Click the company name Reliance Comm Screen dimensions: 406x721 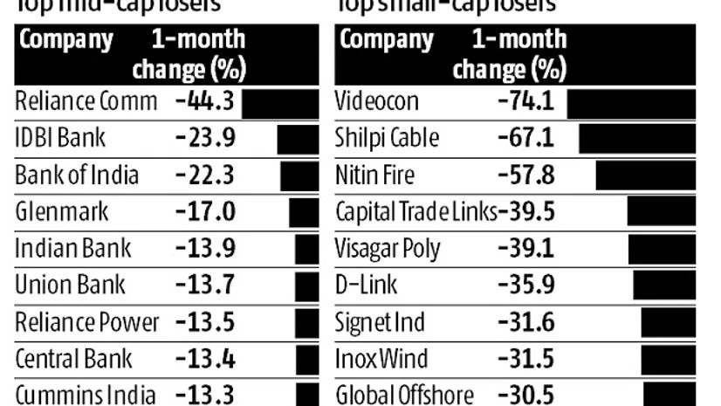pos(86,101)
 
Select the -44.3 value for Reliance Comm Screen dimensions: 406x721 pos(204,101)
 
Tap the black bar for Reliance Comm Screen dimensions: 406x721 pos(280,102)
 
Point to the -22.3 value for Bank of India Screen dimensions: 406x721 pos(204,175)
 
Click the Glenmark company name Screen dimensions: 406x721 pos(62,211)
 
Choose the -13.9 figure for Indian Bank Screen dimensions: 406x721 pos(204,248)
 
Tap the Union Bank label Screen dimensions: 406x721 pos(71,285)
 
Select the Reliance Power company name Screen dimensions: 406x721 pos(87,321)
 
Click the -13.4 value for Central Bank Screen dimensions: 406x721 pos(204,358)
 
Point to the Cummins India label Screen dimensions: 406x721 pos(86,394)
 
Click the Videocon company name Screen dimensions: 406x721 pos(377,101)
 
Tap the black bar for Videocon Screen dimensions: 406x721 pos(631,102)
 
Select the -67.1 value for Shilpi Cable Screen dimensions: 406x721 pos(525,138)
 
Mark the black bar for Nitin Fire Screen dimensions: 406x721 pos(646,175)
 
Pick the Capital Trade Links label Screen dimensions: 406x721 pos(415,211)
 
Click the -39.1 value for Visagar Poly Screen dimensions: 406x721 pos(525,248)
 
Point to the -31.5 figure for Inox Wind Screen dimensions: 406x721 pos(525,358)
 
